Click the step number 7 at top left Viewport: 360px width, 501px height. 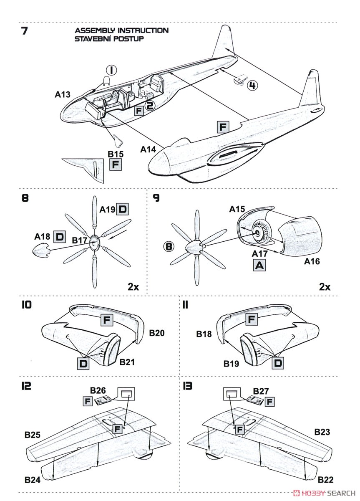pyautogui.click(x=24, y=31)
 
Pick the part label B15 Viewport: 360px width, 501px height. pyautogui.click(x=116, y=154)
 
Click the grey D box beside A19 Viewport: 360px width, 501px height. pyautogui.click(x=123, y=209)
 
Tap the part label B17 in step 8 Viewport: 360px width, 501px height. pyautogui.click(x=80, y=240)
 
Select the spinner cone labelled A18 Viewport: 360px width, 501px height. pyautogui.click(x=40, y=251)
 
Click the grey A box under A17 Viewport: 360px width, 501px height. pyautogui.click(x=259, y=264)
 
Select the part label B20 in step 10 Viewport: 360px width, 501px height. pyautogui.click(x=157, y=333)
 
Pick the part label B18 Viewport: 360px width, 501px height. pyautogui.click(x=204, y=334)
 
